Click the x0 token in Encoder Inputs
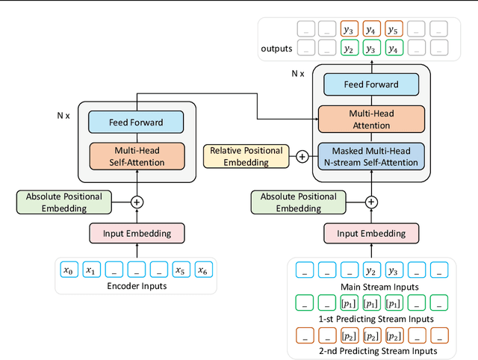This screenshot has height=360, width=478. coord(68,270)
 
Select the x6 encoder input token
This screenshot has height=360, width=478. coord(202,270)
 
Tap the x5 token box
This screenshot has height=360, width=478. coord(180,270)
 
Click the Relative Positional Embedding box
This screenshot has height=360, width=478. coord(246,156)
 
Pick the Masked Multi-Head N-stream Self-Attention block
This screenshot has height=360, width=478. coord(371,156)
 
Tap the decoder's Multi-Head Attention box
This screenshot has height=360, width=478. coord(371,119)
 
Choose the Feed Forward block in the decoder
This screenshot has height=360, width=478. coord(371,84)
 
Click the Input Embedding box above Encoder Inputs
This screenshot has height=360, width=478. coord(136,233)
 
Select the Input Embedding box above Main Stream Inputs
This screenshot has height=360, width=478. coord(370,233)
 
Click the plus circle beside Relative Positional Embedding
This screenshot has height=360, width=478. coord(302,157)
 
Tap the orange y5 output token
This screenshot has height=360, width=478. coord(393,30)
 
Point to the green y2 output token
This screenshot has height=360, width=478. coord(348,48)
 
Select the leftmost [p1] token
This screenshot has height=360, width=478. coord(348,302)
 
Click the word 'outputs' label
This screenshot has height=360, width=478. coord(276,49)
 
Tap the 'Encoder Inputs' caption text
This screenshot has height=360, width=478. coord(136,285)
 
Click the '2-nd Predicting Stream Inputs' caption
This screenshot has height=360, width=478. coord(371,350)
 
